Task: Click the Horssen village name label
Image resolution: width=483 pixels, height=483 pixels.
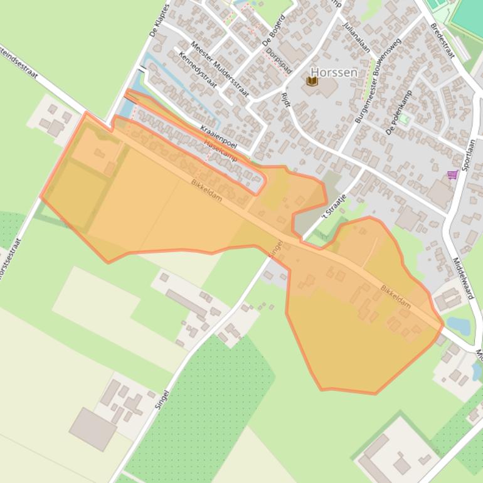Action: click(x=334, y=72)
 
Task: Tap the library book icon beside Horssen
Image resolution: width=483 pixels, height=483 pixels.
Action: click(x=312, y=81)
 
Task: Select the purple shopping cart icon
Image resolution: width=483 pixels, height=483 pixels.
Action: click(x=452, y=175)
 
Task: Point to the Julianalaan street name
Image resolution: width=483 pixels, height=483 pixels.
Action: click(x=356, y=37)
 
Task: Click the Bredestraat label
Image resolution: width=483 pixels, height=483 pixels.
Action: click(x=442, y=40)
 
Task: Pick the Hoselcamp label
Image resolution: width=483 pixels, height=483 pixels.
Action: click(x=221, y=151)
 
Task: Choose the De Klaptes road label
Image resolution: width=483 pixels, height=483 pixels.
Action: click(x=160, y=20)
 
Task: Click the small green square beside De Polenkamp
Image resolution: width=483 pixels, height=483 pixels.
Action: click(x=405, y=119)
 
